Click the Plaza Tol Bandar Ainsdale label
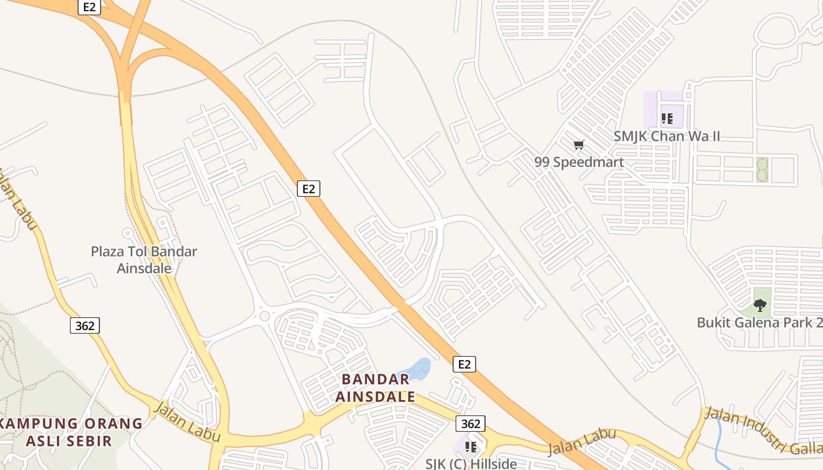pos(144,260)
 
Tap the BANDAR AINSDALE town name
pos(375,388)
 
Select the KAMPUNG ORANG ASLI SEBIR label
pos(71,432)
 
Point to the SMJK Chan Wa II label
pos(667,136)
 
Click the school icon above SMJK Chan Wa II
pos(667,119)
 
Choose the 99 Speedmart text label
pos(579,162)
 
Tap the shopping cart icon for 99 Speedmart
pos(579,145)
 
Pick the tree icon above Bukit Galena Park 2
pos(760,305)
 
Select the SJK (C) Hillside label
pos(471,464)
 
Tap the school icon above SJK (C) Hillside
pos(471,447)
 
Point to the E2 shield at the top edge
pos(88,7)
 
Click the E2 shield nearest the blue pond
pos(464,364)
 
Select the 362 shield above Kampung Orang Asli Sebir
pos(85,325)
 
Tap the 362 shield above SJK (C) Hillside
pos(470,424)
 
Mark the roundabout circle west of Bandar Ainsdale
pos(265,316)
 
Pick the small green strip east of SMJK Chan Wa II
pos(762,169)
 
